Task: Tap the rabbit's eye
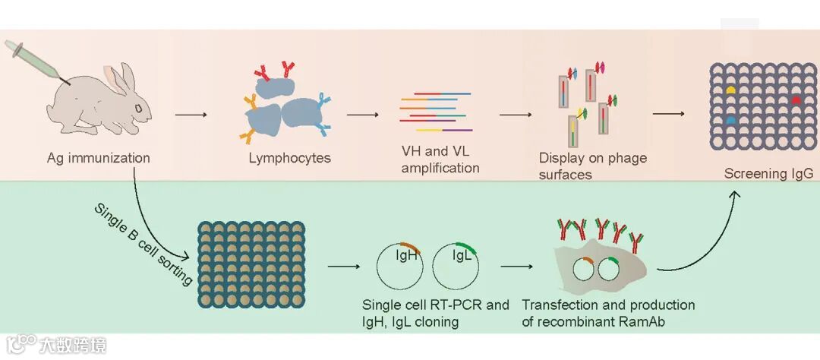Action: pos(138,108)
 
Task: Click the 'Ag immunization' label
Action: pos(98,159)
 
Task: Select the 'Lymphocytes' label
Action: pos(290,159)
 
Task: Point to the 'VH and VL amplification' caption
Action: pos(440,160)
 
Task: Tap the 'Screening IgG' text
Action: pos(768,174)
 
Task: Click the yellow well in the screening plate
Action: pos(731,90)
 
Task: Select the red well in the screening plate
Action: pos(796,99)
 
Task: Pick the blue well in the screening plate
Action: pos(731,120)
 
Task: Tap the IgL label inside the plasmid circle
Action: pos(462,257)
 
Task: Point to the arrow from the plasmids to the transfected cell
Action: pos(516,267)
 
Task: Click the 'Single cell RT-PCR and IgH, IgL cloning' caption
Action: pos(436,313)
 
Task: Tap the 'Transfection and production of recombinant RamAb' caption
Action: pos(608,313)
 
